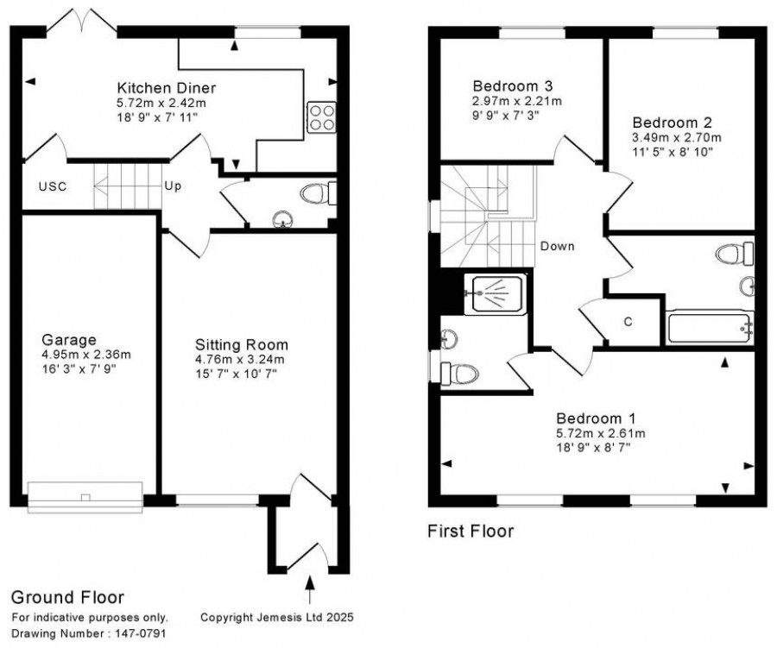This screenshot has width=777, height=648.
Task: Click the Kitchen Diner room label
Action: coord(167,88)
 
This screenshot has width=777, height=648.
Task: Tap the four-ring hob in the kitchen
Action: coord(322,117)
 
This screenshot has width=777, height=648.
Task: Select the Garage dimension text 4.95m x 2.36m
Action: coord(86,355)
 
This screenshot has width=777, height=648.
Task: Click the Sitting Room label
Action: coord(242,345)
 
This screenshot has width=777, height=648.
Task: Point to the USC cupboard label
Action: coord(53,186)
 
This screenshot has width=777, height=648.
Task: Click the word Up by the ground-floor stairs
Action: coord(173,186)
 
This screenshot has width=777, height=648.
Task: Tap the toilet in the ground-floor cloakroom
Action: coord(318,193)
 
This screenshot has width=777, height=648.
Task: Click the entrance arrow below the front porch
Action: coord(310,589)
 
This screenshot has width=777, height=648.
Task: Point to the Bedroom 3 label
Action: coord(513,86)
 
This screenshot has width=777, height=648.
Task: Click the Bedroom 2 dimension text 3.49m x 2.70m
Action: coord(677,137)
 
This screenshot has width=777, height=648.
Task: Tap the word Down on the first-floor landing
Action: coord(558,246)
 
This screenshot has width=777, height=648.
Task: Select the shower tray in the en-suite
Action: coord(494,295)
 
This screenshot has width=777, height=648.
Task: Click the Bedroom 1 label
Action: coord(596,418)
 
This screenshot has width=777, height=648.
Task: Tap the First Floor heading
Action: coord(471,532)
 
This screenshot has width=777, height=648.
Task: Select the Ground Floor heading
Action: coord(67,597)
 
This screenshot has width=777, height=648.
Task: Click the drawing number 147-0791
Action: coord(141,633)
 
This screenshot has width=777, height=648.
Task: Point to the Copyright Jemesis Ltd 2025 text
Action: coord(277,617)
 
